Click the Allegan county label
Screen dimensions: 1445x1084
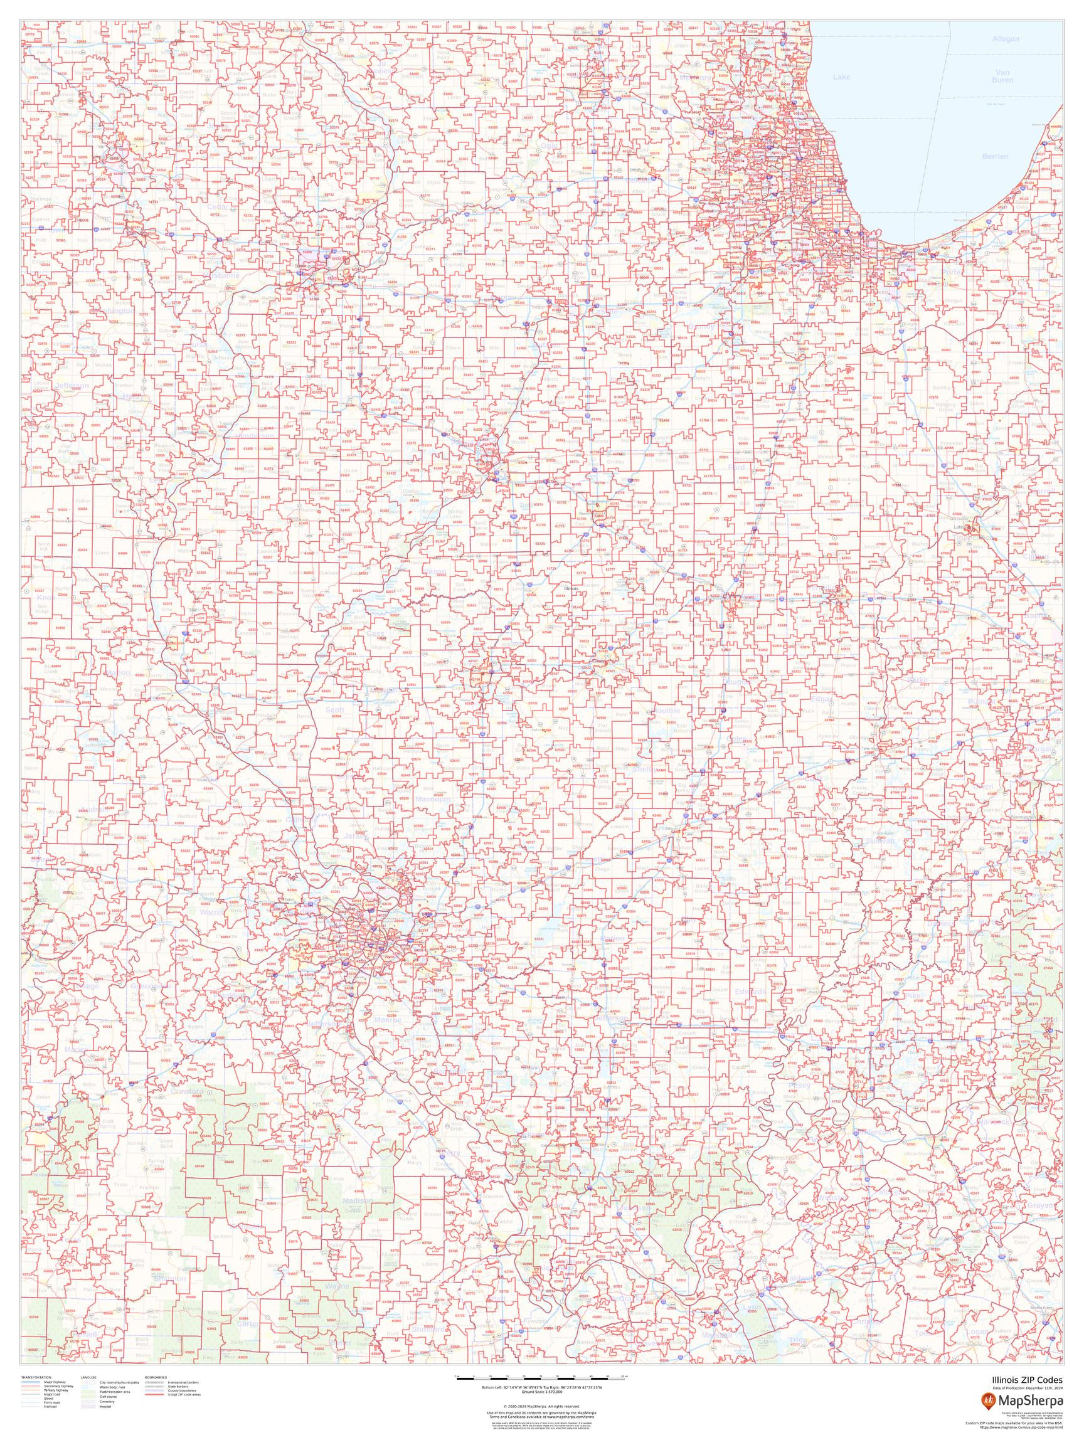click(1005, 38)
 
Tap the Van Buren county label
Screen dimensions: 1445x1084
click(1002, 75)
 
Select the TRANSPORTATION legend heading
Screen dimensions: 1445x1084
click(36, 1378)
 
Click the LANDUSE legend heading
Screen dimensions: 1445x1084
click(88, 1378)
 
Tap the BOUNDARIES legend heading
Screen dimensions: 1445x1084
click(156, 1378)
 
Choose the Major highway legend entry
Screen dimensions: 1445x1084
click(55, 1382)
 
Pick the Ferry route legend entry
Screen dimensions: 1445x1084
click(52, 1402)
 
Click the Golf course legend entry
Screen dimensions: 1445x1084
click(109, 1397)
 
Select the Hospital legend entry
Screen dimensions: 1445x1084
click(105, 1407)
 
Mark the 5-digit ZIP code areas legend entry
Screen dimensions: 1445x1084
click(184, 1395)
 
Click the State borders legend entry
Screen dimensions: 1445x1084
click(178, 1387)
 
